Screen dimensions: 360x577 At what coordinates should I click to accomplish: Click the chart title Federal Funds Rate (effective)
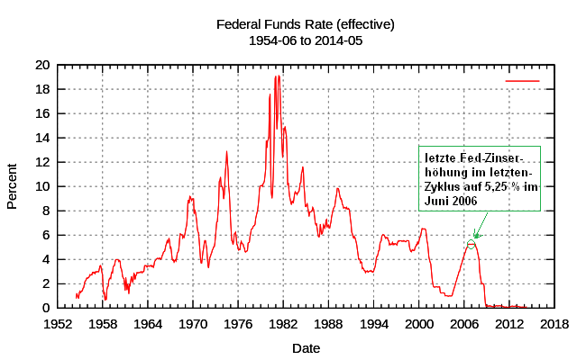(306, 24)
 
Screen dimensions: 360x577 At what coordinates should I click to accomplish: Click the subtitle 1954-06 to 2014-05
(306, 40)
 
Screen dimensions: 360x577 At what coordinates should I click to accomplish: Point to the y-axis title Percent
(13, 185)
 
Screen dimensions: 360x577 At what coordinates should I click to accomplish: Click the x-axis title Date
(306, 347)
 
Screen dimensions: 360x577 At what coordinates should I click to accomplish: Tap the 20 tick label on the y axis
(41, 65)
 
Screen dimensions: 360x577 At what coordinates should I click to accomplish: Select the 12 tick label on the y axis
(41, 162)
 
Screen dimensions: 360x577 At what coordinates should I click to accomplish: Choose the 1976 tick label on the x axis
(238, 324)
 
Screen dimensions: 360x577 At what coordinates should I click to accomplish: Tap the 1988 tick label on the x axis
(328, 324)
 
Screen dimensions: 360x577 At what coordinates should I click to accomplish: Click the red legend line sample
(522, 81)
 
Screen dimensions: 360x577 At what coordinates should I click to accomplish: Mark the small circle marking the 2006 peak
(471, 244)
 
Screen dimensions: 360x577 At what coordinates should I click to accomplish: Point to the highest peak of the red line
(276, 76)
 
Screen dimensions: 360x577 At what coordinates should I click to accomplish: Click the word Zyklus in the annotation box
(443, 186)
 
